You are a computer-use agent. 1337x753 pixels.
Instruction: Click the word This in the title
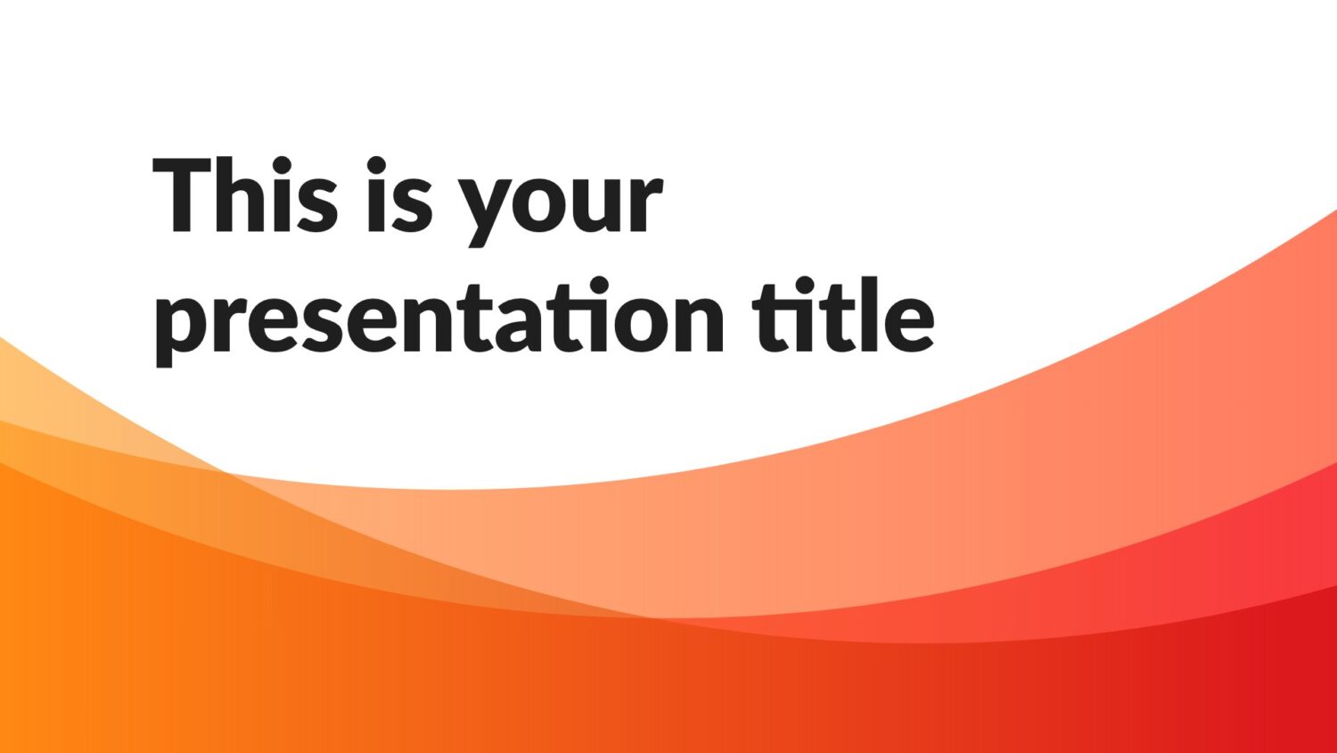(x=246, y=194)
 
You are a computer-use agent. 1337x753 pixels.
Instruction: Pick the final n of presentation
(x=697, y=323)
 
